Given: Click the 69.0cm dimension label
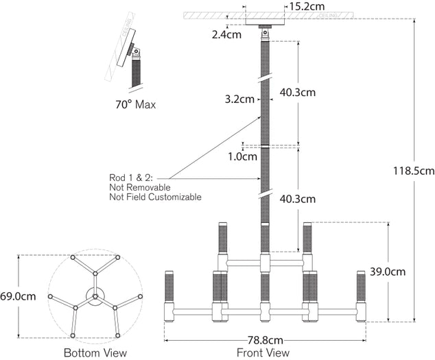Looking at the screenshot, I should [x=17, y=296].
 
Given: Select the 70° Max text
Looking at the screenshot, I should [x=135, y=105].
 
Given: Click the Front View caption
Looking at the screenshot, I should [x=263, y=353].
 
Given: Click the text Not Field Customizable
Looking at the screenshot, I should [x=155, y=197].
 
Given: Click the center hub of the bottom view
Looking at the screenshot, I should [x=95, y=296].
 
